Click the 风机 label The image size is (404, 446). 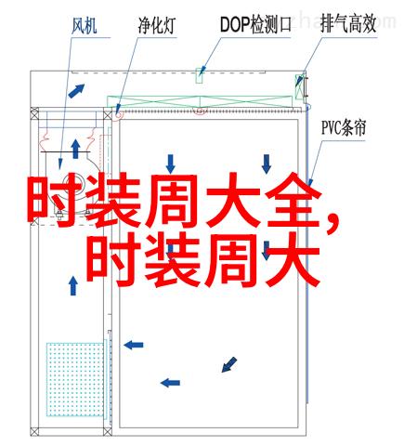click(x=85, y=26)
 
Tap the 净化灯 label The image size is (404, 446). click(x=157, y=25)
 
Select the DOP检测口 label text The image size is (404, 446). click(x=255, y=25)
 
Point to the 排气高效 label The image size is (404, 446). click(x=348, y=24)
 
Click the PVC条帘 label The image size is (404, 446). click(x=344, y=127)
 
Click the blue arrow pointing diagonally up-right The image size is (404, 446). click(x=76, y=91)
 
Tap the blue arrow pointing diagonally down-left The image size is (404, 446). click(x=229, y=364)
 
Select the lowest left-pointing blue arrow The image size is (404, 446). click(x=170, y=383)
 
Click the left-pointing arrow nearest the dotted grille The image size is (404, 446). click(x=134, y=345)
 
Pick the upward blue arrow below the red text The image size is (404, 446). click(x=73, y=285)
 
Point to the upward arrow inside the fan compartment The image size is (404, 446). click(x=75, y=149)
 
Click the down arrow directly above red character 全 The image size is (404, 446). click(x=267, y=164)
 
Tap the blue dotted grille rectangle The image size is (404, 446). click(x=75, y=379)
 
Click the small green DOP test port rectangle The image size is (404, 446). click(x=199, y=75)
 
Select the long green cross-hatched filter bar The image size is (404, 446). click(x=200, y=102)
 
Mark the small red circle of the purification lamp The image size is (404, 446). click(x=119, y=115)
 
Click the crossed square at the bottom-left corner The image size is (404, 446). click(x=34, y=431)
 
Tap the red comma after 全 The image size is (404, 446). click(x=332, y=222)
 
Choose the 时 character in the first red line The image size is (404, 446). click(x=55, y=201)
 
